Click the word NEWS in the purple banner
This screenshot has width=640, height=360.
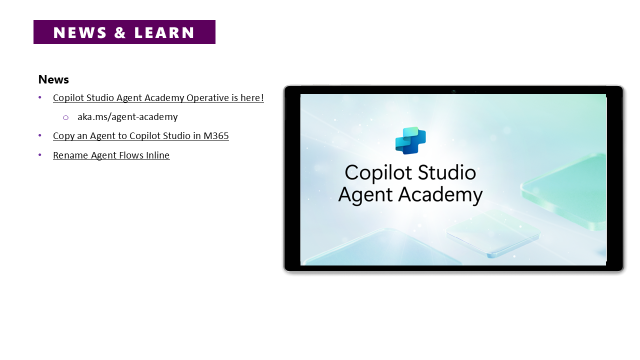pyautogui.click(x=79, y=32)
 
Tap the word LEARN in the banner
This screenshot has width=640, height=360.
pyautogui.click(x=164, y=32)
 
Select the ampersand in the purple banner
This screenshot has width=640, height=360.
pyautogui.click(x=120, y=32)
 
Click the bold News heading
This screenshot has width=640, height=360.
pyautogui.click(x=53, y=79)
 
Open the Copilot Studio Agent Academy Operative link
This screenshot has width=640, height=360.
pyautogui.click(x=158, y=97)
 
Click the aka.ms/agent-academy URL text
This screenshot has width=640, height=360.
pyautogui.click(x=127, y=117)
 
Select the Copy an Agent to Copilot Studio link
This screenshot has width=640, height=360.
pyautogui.click(x=141, y=135)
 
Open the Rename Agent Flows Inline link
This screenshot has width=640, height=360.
pyautogui.click(x=111, y=155)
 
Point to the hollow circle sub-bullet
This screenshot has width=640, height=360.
pyautogui.click(x=65, y=117)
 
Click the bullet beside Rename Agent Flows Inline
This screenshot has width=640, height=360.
pyautogui.click(x=39, y=155)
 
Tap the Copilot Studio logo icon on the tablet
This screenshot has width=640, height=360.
pyautogui.click(x=410, y=140)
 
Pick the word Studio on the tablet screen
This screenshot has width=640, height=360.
pyautogui.click(x=447, y=172)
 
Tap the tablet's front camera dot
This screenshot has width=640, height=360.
pyautogui.click(x=453, y=91)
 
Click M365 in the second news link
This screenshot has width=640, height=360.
pyautogui.click(x=216, y=135)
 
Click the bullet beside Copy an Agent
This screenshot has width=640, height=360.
pyautogui.click(x=39, y=135)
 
